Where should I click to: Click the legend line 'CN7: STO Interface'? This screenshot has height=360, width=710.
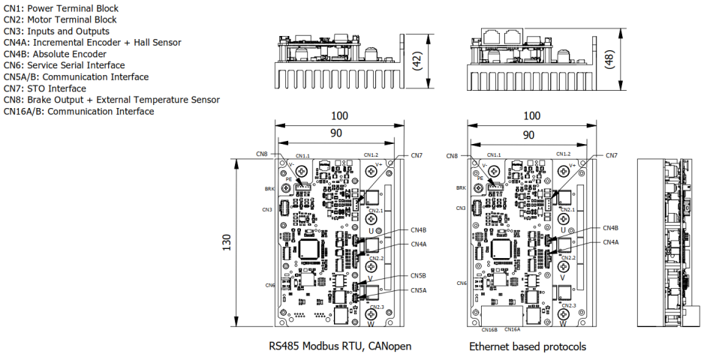tap(44, 88)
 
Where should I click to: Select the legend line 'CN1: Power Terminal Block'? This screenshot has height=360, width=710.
tap(61, 9)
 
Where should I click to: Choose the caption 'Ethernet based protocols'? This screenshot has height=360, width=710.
tap(528, 346)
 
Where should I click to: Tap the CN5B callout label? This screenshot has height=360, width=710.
tap(418, 276)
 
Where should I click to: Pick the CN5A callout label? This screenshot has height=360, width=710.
tap(418, 290)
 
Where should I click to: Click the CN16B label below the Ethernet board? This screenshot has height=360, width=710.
tap(489, 329)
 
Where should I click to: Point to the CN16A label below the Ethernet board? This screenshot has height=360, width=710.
tap(513, 329)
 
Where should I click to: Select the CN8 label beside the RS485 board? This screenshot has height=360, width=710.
tap(261, 154)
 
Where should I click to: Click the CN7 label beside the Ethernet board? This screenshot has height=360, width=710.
tap(611, 155)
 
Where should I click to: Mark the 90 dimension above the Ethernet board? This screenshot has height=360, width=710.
tap(528, 135)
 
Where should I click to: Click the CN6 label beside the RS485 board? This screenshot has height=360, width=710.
tap(269, 285)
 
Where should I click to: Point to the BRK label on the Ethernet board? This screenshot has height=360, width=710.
tap(461, 189)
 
